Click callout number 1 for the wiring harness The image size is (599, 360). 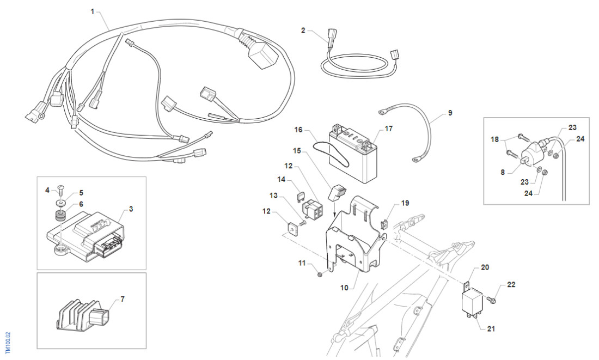[92, 11]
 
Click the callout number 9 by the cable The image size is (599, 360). [450, 113]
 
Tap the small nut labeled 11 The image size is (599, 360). [321, 274]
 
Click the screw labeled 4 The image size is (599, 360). [61, 191]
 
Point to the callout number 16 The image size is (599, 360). [298, 130]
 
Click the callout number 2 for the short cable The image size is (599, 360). [303, 30]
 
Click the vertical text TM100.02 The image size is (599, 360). [7, 342]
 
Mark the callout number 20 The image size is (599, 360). [485, 267]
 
